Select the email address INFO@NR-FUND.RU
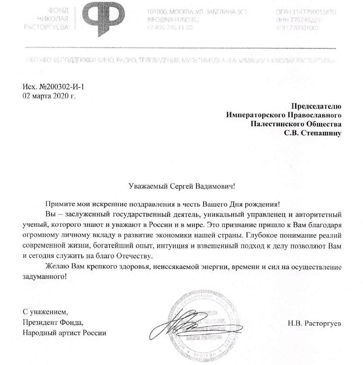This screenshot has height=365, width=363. click(172, 19)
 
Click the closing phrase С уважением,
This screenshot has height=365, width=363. click(44, 311)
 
